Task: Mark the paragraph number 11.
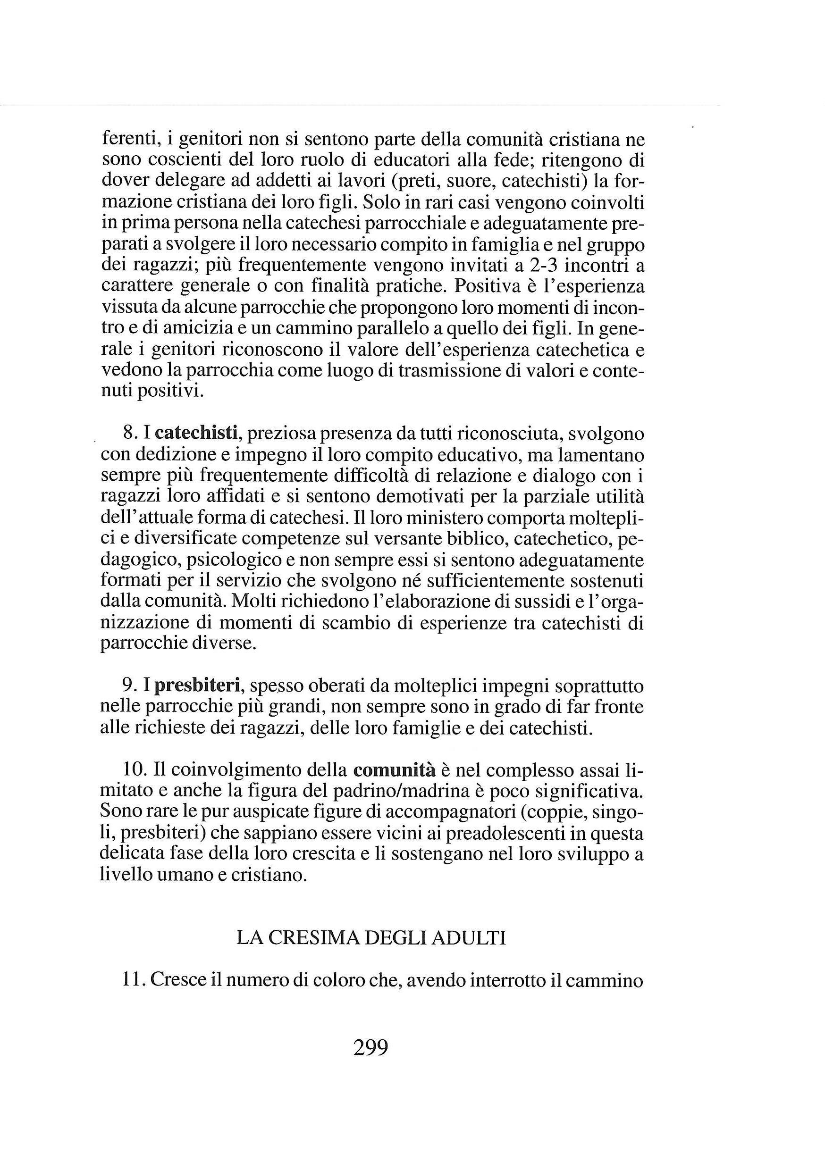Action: click(134, 980)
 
